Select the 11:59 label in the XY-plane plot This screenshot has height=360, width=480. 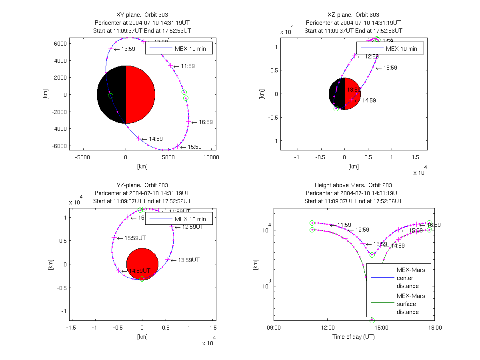(188, 66)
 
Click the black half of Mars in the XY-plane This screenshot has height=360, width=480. (112, 95)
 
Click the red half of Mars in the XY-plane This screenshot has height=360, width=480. (140, 95)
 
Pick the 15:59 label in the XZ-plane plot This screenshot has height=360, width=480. (390, 68)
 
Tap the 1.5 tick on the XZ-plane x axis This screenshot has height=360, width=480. (416, 157)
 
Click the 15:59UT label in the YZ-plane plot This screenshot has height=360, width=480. (135, 238)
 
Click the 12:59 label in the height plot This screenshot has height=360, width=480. (362, 230)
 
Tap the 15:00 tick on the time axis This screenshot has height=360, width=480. (381, 327)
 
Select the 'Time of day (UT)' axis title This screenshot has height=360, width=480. (353, 337)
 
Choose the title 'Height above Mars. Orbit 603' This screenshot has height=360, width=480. (353, 185)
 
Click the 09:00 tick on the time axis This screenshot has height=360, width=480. (274, 327)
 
